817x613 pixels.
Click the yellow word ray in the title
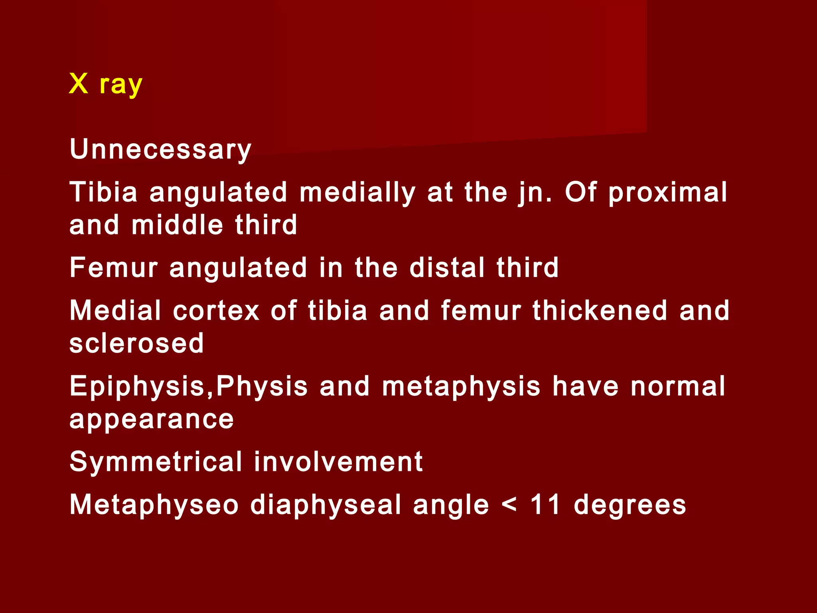(121, 85)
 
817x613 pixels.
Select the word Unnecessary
(160, 149)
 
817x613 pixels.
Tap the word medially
(357, 192)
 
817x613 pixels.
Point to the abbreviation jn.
(535, 192)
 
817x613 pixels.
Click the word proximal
(668, 192)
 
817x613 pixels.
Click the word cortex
(216, 310)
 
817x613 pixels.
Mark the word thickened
(600, 310)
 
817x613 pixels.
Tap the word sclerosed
(136, 343)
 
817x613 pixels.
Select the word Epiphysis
(137, 386)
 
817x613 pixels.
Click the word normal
(678, 386)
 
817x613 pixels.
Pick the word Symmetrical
(156, 462)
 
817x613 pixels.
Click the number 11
(545, 505)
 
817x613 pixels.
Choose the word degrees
(630, 505)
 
